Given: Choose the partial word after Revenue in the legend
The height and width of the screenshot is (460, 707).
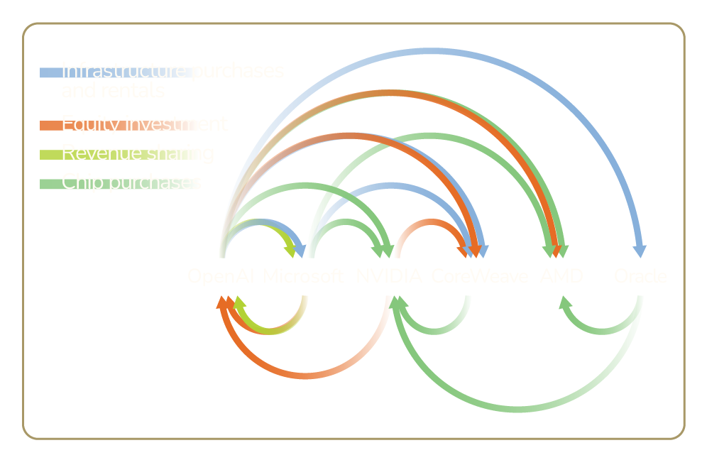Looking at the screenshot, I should [x=178, y=153].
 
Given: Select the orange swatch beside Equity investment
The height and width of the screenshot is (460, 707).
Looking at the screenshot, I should [x=50, y=134].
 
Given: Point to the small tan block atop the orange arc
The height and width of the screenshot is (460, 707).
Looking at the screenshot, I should [x=397, y=109].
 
